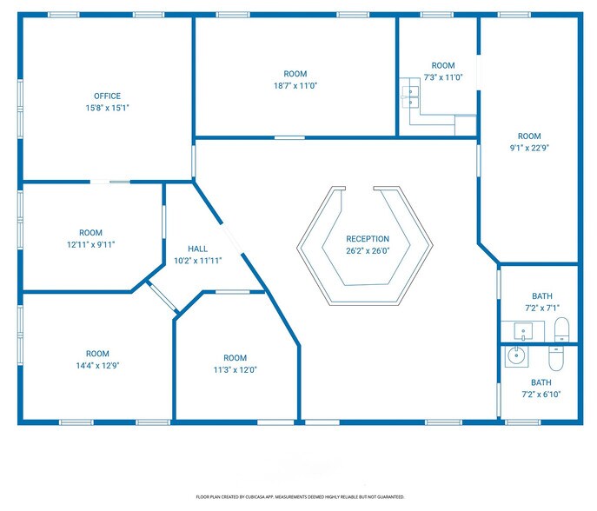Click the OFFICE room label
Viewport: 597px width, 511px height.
107,96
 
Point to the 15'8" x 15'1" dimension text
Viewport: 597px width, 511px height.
107,109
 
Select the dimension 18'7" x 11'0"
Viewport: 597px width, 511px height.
295,86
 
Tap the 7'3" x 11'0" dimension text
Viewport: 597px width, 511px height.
443,77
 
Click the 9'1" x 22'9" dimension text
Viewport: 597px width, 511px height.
529,148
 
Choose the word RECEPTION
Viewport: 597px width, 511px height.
368,239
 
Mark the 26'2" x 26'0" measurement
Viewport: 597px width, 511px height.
368,251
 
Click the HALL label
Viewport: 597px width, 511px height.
197,249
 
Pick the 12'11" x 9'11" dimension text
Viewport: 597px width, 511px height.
90,245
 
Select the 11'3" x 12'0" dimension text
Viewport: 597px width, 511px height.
235,369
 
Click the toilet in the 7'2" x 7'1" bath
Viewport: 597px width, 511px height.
561,328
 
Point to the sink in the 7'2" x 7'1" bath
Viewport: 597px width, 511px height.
522,330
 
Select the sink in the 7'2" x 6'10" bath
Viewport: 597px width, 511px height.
517,355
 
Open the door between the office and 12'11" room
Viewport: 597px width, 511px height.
111,182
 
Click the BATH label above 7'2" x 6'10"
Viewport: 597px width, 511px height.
541,382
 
